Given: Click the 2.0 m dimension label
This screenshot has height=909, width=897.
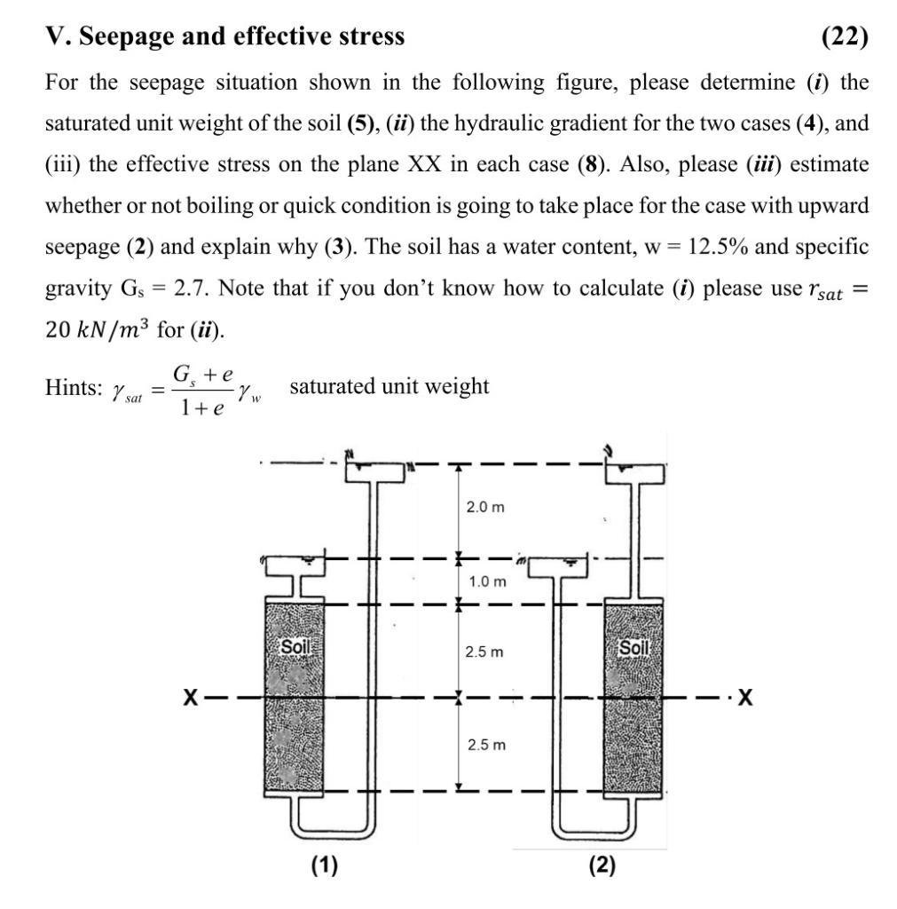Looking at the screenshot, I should tap(485, 507).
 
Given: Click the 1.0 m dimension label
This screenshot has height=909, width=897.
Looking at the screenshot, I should tap(487, 581).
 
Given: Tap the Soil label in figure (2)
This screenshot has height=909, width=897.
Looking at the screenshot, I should tap(633, 647).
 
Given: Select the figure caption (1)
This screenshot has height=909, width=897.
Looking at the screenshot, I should tap(324, 865).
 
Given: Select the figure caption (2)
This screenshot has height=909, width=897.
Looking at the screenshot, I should tap(602, 865).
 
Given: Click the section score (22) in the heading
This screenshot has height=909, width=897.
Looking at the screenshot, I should tap(845, 36).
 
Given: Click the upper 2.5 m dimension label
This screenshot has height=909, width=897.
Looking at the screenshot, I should tap(485, 652).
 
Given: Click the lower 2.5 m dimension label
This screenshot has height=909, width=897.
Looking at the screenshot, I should tap(485, 744).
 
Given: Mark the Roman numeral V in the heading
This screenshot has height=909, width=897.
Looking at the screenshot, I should tap(53, 36).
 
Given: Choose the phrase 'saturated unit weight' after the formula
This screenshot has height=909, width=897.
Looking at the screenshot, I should tap(389, 386).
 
